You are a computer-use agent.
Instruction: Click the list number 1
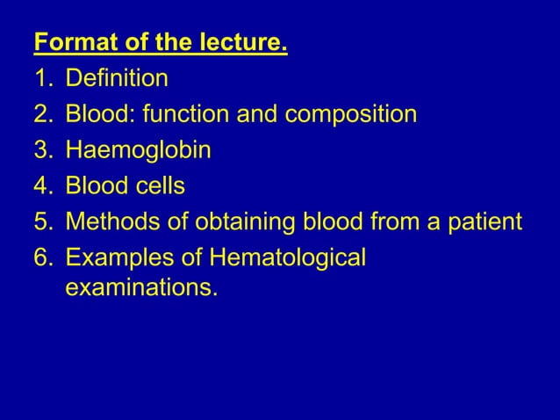tap(41, 79)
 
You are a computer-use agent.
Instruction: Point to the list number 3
tap(41, 150)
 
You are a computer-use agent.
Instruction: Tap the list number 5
tap(41, 221)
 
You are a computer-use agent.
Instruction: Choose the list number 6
tap(41, 257)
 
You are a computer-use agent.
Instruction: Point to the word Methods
tap(110, 221)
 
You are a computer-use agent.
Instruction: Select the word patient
tap(484, 221)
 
